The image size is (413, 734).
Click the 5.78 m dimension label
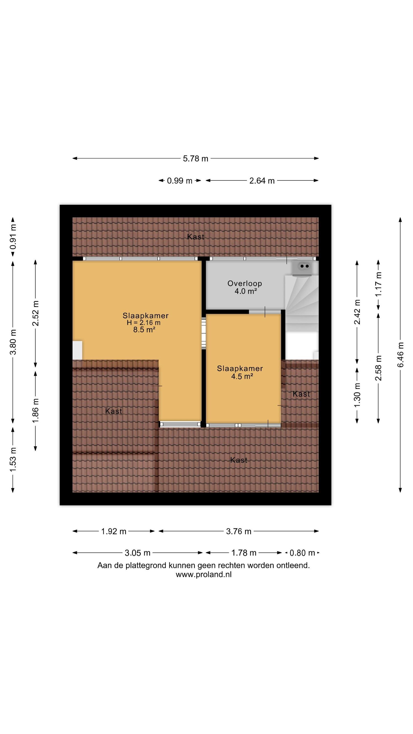[195, 159]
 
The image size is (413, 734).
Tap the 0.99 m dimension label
[180, 181]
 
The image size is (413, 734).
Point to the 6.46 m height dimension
[401, 355]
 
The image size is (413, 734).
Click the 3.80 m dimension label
[13, 342]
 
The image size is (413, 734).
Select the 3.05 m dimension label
[138, 553]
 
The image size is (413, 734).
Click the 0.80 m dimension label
[302, 553]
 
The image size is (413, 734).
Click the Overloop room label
[245, 284]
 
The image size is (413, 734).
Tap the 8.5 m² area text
[144, 330]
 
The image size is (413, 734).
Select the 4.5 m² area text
[242, 377]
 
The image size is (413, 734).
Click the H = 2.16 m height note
[144, 323]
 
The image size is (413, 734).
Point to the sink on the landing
[303, 269]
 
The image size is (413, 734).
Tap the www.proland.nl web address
[204, 574]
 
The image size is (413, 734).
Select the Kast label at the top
[196, 237]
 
